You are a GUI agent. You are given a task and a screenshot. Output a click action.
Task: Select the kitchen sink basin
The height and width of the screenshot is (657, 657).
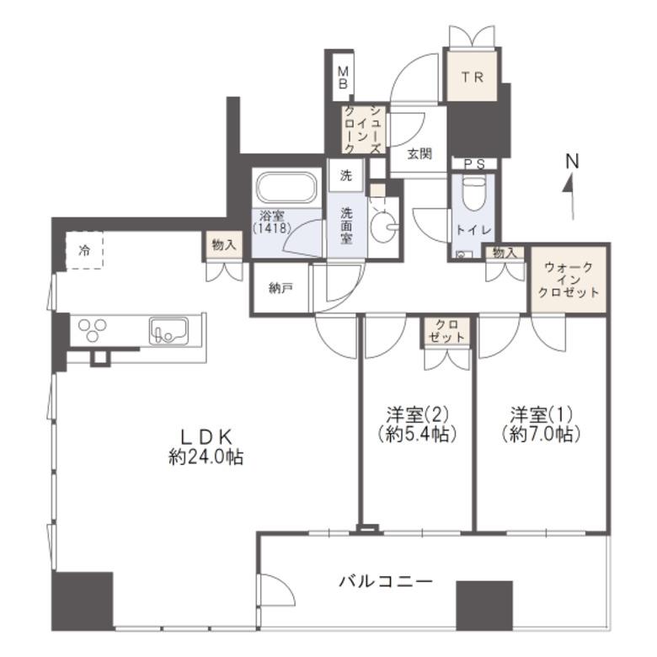(168, 331)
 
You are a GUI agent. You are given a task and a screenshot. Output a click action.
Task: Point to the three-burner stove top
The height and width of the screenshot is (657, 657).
(93, 329)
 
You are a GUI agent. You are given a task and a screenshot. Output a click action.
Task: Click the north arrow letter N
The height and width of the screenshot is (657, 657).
(572, 161)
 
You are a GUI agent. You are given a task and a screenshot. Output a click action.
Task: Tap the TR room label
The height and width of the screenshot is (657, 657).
(473, 77)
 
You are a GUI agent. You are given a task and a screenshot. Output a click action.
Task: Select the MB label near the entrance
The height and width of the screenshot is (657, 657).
(343, 78)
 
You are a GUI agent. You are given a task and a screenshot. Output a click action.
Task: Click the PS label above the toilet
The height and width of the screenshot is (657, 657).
(474, 164)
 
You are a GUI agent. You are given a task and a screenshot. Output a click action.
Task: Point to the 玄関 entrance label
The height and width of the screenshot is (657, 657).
(419, 154)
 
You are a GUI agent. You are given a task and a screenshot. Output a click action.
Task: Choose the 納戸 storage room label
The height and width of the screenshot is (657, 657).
(280, 288)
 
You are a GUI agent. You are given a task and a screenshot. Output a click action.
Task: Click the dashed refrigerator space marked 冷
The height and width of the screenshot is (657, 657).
(84, 250)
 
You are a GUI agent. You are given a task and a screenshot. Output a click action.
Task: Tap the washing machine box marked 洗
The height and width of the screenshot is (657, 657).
(345, 175)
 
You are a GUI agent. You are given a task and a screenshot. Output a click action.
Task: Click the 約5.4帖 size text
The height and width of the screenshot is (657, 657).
(416, 434)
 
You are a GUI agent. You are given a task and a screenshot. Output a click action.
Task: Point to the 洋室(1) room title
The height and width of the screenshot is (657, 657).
(542, 414)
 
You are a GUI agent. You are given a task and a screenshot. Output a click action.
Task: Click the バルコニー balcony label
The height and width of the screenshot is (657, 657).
(385, 581)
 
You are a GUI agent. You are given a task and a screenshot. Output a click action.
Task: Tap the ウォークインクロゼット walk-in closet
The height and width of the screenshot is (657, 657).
(569, 280)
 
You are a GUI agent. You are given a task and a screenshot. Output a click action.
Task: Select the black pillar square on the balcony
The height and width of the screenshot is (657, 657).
(484, 606)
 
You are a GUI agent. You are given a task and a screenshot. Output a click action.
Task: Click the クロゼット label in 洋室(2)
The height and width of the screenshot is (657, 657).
(446, 330)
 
